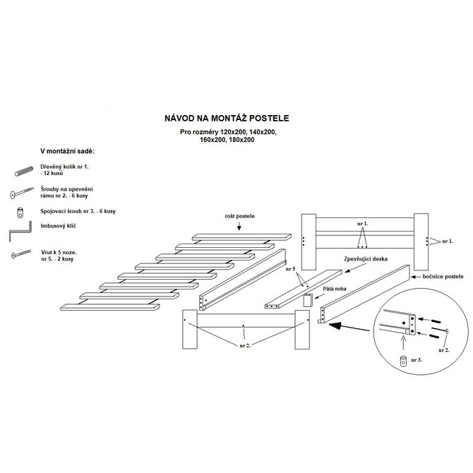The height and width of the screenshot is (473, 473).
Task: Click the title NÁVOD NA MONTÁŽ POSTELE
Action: point(227,119)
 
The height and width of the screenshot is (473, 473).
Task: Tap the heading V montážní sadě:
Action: point(68,151)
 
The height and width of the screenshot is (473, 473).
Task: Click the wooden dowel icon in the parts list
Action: point(24,171)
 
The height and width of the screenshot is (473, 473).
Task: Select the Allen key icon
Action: point(20,231)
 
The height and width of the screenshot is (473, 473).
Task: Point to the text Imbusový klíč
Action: point(58,226)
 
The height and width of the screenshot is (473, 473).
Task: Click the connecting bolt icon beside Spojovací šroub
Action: point(20,213)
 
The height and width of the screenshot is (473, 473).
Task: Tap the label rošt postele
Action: point(240,216)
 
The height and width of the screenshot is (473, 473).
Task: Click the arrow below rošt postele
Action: point(239,226)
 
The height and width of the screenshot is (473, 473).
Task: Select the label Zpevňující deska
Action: point(366,259)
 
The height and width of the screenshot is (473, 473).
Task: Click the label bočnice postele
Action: point(443,276)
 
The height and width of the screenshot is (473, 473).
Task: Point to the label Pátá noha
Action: point(335,289)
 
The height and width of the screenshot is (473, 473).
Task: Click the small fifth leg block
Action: point(307,300)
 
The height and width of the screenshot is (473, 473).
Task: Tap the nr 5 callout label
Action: point(291,269)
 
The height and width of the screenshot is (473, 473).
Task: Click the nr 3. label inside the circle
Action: point(417,359)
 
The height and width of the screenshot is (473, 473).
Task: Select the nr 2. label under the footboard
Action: point(245,345)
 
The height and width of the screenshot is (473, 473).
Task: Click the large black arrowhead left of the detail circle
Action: point(335,325)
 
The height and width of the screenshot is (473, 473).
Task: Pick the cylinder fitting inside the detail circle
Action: point(403,361)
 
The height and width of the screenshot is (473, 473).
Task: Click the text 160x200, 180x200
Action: point(227,140)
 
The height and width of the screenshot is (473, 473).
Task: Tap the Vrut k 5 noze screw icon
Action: point(20,254)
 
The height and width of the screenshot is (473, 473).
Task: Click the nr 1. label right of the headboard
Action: point(448,241)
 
